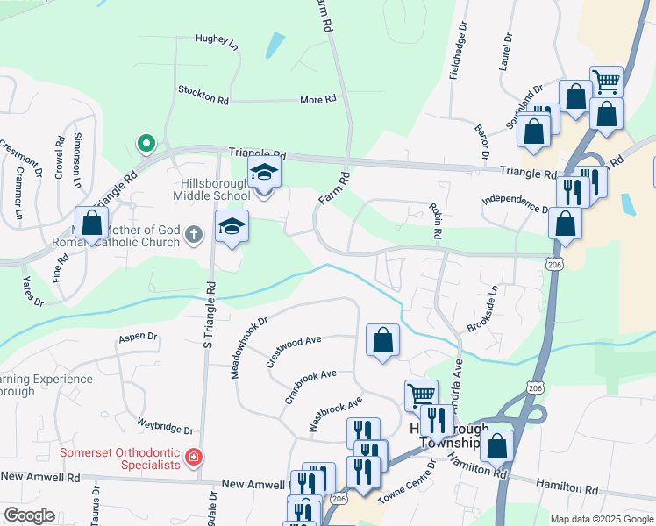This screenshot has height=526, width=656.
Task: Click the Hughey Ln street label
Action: point(217,39)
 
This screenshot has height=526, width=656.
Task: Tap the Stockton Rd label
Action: point(203,95)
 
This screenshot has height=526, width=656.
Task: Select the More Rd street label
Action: point(317,100)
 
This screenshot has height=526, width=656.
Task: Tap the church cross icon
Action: point(195,234)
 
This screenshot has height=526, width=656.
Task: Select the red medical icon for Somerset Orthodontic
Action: point(194,458)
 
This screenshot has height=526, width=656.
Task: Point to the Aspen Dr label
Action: point(138,337)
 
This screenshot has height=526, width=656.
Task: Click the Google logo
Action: point(29,515)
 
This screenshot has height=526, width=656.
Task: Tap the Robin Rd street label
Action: point(434,224)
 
